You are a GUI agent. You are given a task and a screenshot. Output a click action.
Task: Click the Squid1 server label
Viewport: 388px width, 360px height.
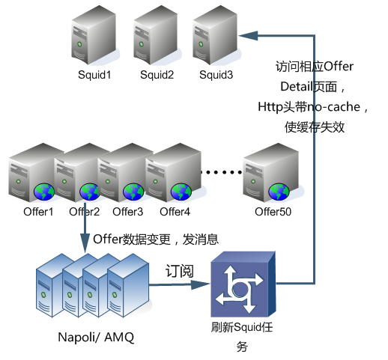pos(94,75)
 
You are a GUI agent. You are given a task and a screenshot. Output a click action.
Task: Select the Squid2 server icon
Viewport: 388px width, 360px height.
pos(155,35)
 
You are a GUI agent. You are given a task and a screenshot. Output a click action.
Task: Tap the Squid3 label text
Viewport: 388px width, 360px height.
pos(216,75)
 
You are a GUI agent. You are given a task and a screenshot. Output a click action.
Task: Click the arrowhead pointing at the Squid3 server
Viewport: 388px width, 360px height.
pos(248,36)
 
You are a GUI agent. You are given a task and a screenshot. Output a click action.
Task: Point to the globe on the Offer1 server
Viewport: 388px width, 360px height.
pos(44,192)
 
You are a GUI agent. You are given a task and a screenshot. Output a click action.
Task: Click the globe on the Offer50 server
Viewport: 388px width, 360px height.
pos(279,192)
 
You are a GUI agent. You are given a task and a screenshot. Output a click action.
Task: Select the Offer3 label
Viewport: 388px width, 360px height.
pos(127,212)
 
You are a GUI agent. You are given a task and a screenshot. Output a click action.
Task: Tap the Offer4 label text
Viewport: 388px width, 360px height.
pos(175,212)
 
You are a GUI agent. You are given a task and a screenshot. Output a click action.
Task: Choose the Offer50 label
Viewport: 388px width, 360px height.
pos(273,212)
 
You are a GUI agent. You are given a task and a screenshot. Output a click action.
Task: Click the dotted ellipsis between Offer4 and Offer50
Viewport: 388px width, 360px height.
pos(222,172)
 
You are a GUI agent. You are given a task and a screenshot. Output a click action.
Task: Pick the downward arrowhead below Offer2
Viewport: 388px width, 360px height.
pos(85,243)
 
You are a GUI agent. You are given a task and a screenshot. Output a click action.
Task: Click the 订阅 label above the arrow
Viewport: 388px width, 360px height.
pos(180,271)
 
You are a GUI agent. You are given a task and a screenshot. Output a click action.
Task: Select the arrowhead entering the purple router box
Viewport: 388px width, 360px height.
pos(200,284)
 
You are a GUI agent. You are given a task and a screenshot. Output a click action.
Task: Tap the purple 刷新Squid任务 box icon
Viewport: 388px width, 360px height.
pos(243,284)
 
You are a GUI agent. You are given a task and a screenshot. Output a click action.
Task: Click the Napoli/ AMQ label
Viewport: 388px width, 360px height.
pos(96,338)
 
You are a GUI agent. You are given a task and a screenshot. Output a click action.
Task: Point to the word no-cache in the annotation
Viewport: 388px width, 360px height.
pos(333,107)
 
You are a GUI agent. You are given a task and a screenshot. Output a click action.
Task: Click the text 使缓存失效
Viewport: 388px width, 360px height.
pos(315,127)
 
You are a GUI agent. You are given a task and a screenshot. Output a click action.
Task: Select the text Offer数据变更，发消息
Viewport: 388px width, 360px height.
pos(156,240)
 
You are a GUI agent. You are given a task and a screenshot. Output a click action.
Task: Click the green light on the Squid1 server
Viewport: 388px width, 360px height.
pos(79,44)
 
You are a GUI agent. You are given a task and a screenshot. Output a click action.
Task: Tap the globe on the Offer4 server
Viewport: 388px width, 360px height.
pos(181,192)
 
